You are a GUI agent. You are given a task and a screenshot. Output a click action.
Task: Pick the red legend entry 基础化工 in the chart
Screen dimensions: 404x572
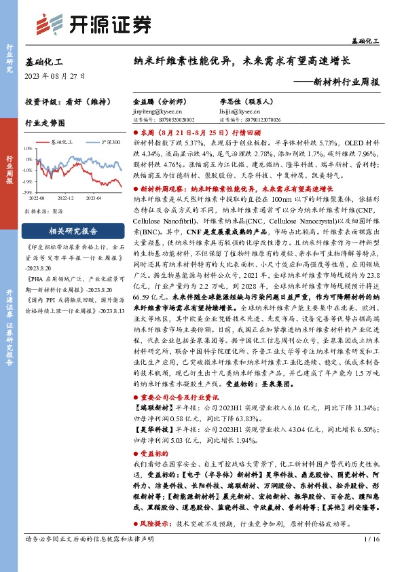coord(63,142)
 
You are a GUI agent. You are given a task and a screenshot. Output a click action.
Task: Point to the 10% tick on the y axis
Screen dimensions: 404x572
coord(28,149)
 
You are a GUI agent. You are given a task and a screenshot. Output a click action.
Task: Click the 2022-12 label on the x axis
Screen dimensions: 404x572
coord(66,198)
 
